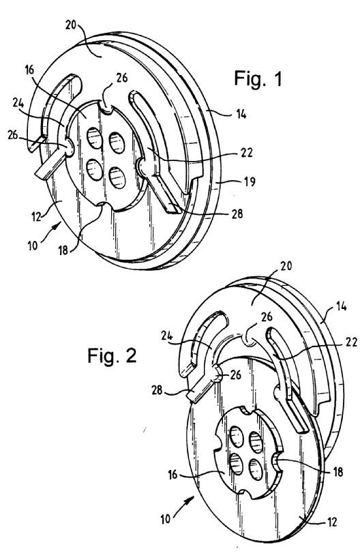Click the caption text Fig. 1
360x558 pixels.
258,78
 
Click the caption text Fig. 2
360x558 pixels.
112,355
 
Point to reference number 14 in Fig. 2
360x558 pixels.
341,306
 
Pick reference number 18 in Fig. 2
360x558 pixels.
337,471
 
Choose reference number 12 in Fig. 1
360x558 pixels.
37,216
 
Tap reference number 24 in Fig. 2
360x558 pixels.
167,336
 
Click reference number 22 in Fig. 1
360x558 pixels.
246,153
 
